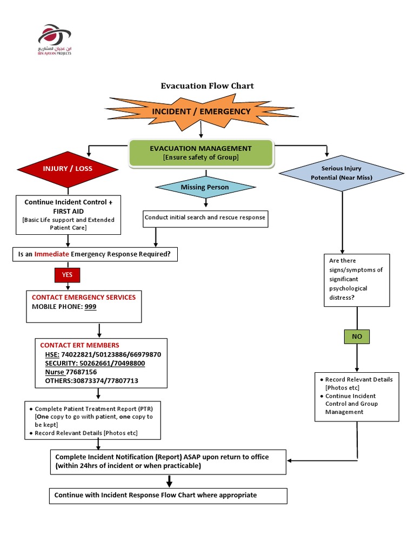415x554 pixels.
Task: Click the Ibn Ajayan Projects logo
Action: click(x=55, y=39)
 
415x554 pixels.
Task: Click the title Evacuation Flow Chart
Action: click(x=207, y=85)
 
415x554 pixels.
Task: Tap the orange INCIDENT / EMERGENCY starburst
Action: click(x=201, y=111)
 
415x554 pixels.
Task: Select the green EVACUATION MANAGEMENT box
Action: click(x=200, y=153)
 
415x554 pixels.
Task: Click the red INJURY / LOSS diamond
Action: click(x=68, y=168)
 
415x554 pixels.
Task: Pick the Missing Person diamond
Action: click(x=205, y=187)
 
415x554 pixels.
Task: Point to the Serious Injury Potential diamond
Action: click(x=341, y=173)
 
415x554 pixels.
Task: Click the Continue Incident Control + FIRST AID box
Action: click(x=68, y=215)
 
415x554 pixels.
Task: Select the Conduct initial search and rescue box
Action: click(x=205, y=217)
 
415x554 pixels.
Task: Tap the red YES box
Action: click(x=67, y=275)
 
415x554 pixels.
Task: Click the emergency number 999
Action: click(x=91, y=306)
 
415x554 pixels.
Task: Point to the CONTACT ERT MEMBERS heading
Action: click(x=80, y=345)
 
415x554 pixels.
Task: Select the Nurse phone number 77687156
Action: click(x=82, y=372)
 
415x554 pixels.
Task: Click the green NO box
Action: click(x=357, y=336)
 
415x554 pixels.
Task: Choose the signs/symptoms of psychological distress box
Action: click(x=356, y=280)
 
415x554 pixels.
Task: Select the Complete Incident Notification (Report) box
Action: click(x=168, y=461)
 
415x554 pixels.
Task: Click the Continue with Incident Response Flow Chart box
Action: click(x=168, y=495)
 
